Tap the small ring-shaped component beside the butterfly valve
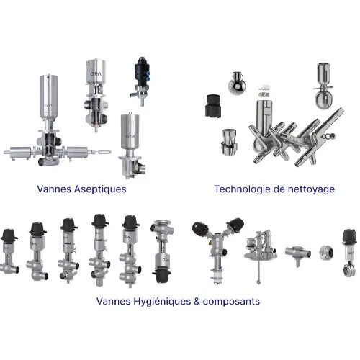(323, 253)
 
